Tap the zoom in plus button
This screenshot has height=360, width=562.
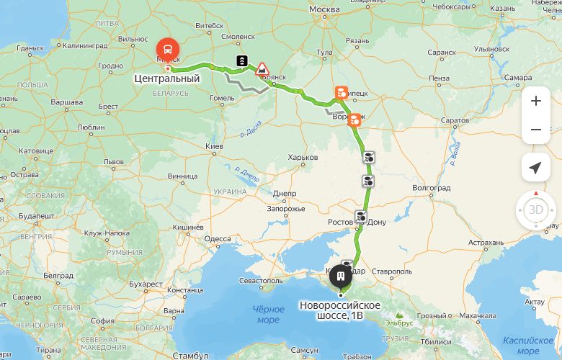tap(535, 101)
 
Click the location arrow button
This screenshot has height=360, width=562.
tap(535, 168)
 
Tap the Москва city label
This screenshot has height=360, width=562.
tap(324, 9)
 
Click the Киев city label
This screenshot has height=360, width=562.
tap(214, 146)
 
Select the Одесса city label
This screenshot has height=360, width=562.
tap(218, 239)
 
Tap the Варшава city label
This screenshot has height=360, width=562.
tap(66, 102)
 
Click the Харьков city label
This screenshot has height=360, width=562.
tap(302, 157)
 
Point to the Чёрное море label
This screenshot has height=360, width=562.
tap(268, 314)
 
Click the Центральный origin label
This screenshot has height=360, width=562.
tap(166, 78)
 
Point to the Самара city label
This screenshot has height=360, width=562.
tap(519, 77)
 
